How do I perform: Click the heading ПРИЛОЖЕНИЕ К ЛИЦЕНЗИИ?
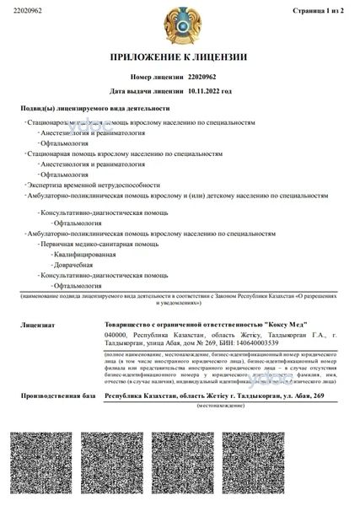pyautogui.click(x=179, y=57)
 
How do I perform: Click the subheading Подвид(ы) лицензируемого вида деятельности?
pyautogui.click(x=94, y=108)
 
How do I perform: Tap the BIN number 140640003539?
pyautogui.click(x=255, y=342)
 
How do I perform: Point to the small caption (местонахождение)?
pyautogui.click(x=219, y=406)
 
